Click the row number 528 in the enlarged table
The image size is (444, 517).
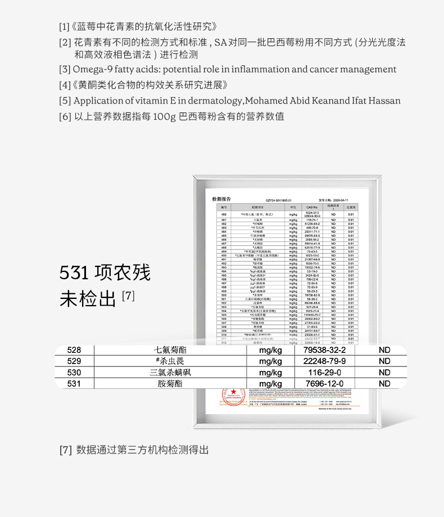pyautogui.click(x=74, y=350)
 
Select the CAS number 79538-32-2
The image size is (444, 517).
pyautogui.click(x=324, y=350)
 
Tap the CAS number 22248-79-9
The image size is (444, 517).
pyautogui.click(x=324, y=361)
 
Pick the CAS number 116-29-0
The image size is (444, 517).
pyautogui.click(x=324, y=373)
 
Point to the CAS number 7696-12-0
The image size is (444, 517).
pyautogui.click(x=324, y=384)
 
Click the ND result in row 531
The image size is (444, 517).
pyautogui.click(x=384, y=384)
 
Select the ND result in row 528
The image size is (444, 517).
pyautogui.click(x=384, y=350)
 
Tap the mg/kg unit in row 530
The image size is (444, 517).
pyautogui.click(x=271, y=373)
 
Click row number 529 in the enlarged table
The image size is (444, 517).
pyautogui.click(x=74, y=361)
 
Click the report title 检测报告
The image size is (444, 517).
pyautogui.click(x=221, y=199)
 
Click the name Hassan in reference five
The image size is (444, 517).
pyautogui.click(x=384, y=101)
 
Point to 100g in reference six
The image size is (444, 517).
pyautogui.click(x=165, y=116)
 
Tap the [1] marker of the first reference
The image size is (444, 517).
pyautogui.click(x=64, y=26)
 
